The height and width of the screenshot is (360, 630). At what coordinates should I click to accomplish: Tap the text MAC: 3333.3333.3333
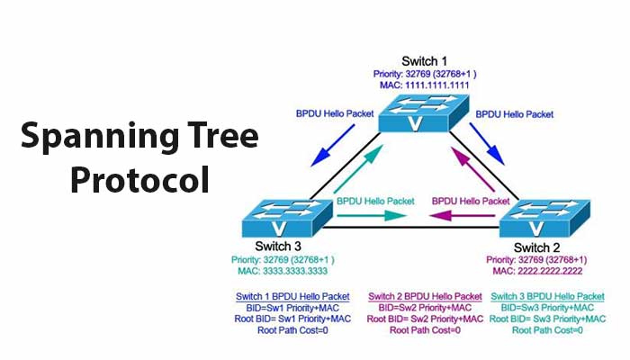[279, 269]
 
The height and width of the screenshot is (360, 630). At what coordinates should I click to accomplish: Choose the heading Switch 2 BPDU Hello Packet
[425, 296]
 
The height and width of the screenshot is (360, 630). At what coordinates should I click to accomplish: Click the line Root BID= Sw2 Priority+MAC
[425, 319]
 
